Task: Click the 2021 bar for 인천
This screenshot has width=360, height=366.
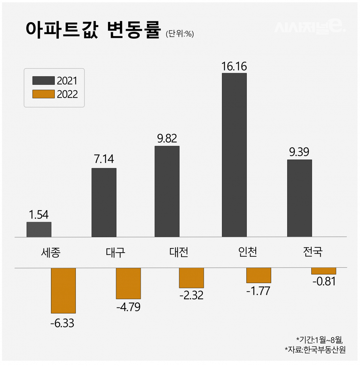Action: click(234, 155)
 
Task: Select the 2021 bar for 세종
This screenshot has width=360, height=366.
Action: click(39, 229)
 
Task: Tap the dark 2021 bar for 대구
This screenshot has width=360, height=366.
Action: click(104, 202)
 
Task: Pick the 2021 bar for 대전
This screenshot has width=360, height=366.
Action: click(167, 191)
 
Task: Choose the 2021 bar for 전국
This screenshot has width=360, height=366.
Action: click(299, 198)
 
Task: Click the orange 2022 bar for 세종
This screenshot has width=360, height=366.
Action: click(63, 290)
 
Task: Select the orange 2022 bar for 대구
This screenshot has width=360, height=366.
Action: click(128, 283)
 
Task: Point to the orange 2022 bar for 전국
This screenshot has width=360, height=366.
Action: click(324, 271)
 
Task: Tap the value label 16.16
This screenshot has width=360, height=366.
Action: click(234, 66)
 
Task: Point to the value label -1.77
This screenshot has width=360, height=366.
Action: click(258, 291)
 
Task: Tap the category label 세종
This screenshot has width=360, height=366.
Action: click(50, 252)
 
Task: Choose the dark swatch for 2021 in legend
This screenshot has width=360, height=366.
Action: click(43, 80)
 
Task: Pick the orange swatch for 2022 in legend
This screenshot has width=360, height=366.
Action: click(43, 94)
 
